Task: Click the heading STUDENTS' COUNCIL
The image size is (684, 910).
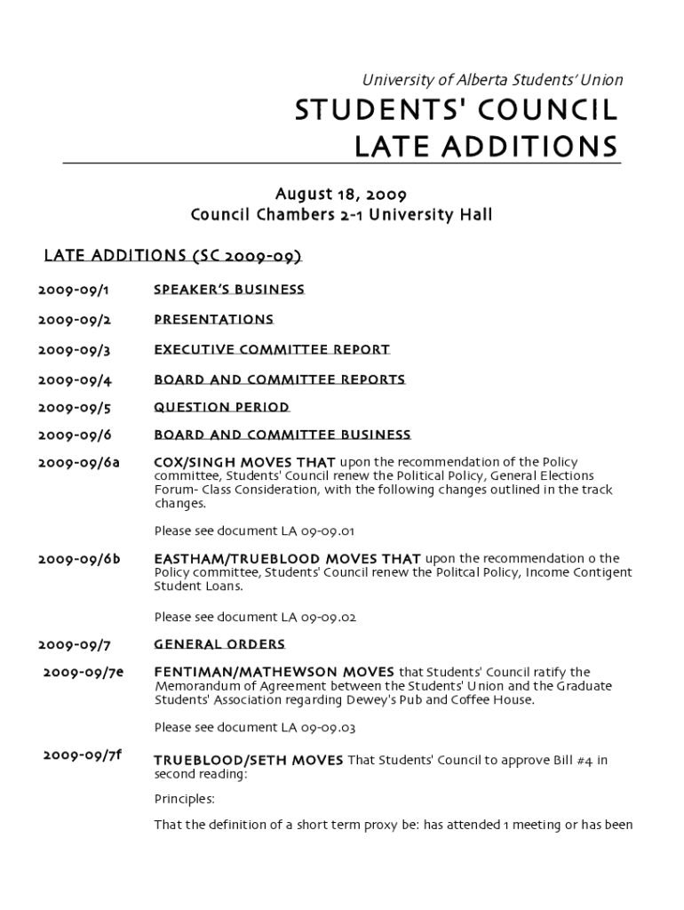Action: (x=456, y=111)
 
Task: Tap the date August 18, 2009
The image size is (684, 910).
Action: (x=341, y=194)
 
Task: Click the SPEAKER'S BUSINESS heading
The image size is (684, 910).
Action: (x=229, y=290)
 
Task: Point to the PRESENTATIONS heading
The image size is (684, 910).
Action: (x=214, y=319)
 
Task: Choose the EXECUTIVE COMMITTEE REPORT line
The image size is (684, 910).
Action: (x=272, y=349)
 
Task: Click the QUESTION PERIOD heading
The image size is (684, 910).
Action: (x=222, y=407)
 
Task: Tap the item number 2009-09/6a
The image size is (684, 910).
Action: (x=79, y=462)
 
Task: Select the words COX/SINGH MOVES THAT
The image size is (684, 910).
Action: (x=244, y=462)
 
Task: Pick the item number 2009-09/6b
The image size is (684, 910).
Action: (x=79, y=559)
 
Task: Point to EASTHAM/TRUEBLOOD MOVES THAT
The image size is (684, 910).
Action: (x=288, y=559)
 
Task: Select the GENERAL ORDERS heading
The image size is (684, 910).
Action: (x=219, y=644)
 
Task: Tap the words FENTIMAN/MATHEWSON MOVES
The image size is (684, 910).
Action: (x=274, y=672)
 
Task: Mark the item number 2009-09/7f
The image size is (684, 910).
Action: (x=82, y=755)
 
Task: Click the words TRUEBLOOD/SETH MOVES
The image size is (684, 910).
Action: (x=249, y=761)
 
